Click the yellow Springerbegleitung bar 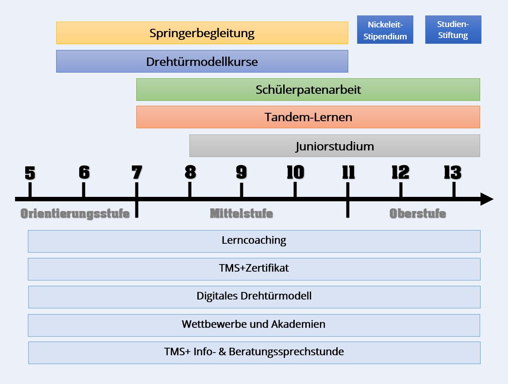(202, 33)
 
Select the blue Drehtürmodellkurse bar (202, 61)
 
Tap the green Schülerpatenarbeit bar (308, 90)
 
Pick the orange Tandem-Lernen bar (308, 117)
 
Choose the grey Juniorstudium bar (335, 146)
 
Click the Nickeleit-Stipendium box (385, 30)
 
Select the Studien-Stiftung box (453, 30)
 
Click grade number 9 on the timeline (241, 173)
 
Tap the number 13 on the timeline (453, 173)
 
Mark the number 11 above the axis (348, 173)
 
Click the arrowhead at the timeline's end (487, 199)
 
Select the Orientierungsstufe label (75, 214)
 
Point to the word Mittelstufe (241, 214)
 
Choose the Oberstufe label (418, 214)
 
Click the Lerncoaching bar (254, 241)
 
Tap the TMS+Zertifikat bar (254, 269)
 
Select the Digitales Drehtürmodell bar (254, 297)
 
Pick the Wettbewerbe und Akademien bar (254, 325)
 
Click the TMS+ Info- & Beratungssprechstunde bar (254, 353)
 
